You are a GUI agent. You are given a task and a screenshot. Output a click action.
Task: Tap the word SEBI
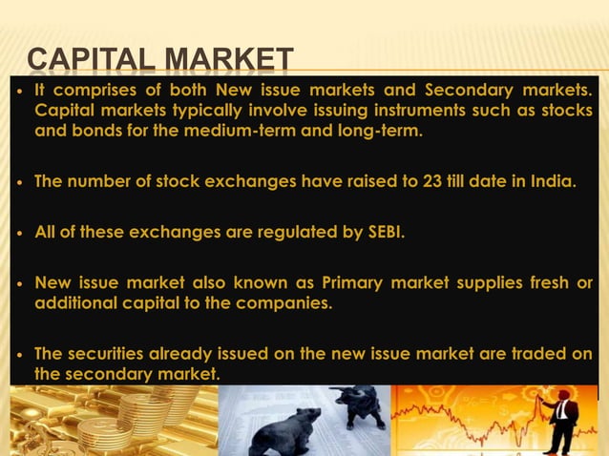tap(384, 230)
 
